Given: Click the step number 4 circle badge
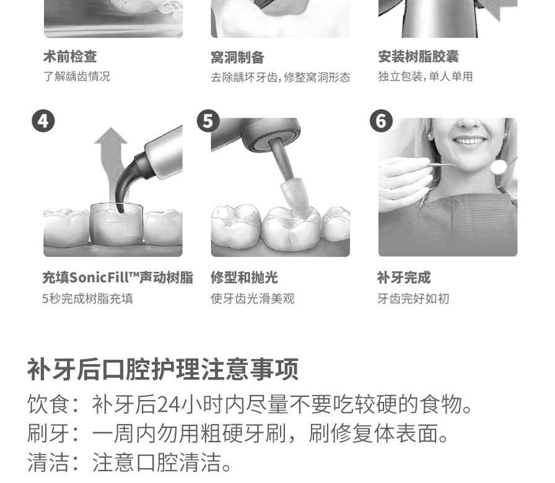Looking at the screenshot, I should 43,121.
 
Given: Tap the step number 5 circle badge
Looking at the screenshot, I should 208,121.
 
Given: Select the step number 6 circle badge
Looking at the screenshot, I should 381,121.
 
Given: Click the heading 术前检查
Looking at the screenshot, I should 70,57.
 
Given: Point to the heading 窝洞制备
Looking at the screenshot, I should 237,58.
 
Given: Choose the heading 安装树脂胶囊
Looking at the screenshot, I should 418,57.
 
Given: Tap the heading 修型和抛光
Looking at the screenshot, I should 244,277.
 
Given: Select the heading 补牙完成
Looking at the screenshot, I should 404,277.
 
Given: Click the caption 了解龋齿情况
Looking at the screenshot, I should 76,77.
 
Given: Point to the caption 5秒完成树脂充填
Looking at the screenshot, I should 87,299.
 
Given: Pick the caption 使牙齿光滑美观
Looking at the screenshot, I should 252,299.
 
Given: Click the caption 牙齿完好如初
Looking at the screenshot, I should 413,299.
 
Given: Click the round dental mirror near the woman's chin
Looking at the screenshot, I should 499,167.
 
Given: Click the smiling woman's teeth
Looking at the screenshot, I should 471,141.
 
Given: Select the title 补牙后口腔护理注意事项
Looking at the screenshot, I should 163,369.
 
